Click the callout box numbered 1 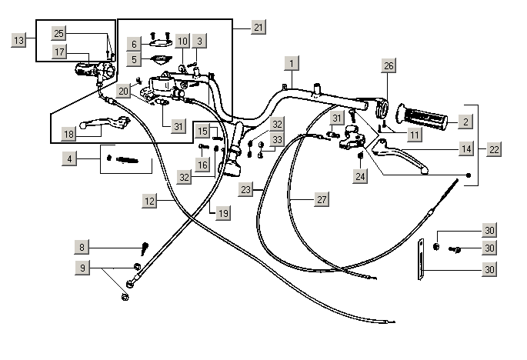292,62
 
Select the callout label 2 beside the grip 465,121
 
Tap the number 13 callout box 20,38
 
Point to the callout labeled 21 258,27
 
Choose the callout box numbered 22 494,148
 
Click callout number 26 389,66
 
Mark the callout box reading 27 322,199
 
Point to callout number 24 361,176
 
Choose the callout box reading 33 277,139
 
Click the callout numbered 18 69,134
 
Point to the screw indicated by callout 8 145,248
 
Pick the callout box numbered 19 223,213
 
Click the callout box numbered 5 133,58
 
